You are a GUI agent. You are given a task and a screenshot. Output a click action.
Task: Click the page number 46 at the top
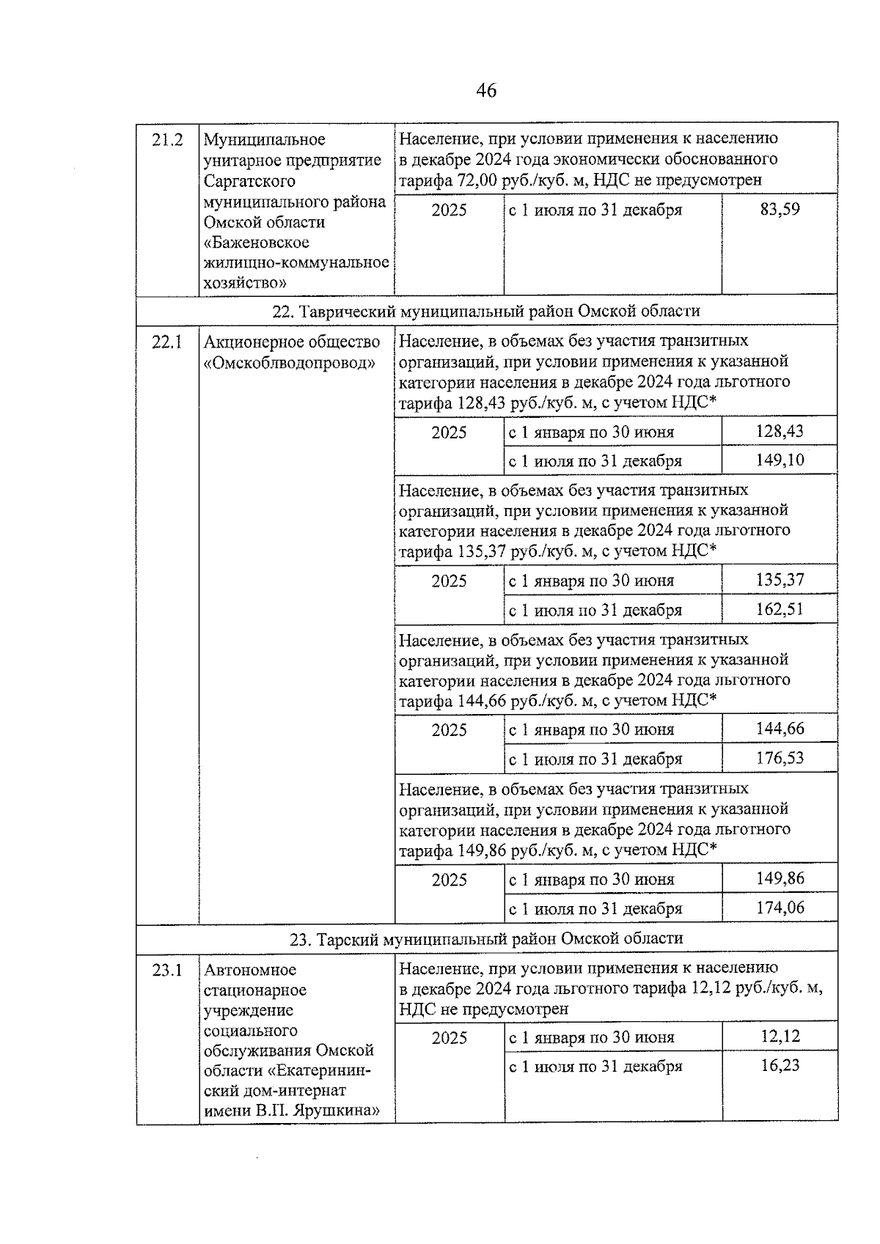point(485,90)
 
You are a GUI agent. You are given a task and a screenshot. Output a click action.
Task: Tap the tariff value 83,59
point(780,210)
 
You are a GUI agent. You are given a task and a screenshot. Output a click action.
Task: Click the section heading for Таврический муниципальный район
point(485,311)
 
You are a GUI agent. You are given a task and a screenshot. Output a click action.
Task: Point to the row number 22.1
point(166,342)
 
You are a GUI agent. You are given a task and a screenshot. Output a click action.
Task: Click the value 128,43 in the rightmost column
point(780,432)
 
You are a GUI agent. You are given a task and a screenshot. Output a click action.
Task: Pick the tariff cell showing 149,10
point(780,460)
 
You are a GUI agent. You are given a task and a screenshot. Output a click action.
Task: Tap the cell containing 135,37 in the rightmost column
point(780,581)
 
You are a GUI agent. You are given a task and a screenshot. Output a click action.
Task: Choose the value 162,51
point(780,609)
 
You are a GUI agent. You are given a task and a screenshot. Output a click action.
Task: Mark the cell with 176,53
point(780,758)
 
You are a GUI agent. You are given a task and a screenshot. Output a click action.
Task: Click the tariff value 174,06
point(780,908)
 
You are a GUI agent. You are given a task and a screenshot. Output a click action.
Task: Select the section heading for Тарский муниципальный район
point(485,938)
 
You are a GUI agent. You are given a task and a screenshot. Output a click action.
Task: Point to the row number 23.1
point(166,971)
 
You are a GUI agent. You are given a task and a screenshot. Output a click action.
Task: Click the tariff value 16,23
point(780,1066)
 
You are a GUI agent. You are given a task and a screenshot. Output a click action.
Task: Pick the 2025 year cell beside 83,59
point(449,210)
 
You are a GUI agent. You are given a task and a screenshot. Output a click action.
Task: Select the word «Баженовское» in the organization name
point(256,243)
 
